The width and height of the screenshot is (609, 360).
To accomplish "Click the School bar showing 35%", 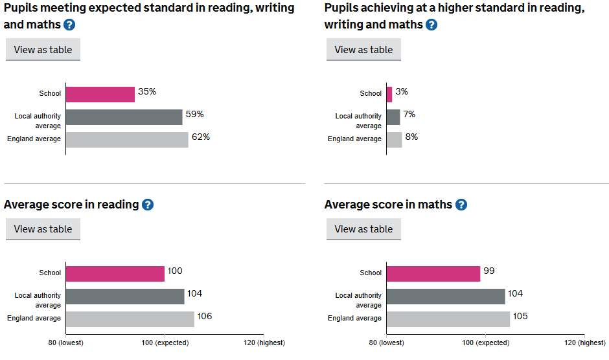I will [100, 95].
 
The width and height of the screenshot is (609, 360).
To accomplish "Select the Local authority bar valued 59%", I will [124, 117].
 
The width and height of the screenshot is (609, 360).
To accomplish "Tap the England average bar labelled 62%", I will [127, 140].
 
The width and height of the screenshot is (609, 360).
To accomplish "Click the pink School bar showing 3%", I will [389, 95].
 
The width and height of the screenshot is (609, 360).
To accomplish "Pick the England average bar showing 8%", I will [395, 140].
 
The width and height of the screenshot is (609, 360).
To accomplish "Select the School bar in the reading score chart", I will [115, 274].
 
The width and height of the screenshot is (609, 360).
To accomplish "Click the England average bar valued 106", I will [130, 319].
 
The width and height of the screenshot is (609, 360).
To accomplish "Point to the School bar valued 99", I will [433, 274].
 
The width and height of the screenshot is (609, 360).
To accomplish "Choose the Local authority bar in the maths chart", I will [446, 297].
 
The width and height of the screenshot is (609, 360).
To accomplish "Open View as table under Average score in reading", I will [43, 229].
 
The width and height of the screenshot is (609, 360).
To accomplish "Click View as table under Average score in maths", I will [363, 229].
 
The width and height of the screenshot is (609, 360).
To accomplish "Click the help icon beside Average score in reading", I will [148, 205].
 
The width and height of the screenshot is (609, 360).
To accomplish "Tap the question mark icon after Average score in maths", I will [461, 205].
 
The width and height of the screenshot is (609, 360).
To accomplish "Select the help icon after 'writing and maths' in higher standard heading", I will [431, 25].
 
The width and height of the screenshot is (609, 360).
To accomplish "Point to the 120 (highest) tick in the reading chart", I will [263, 343].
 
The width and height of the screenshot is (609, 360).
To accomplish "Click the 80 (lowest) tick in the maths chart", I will [386, 343].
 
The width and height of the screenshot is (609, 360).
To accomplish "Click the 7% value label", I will [409, 115].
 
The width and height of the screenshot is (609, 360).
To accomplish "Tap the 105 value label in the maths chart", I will [520, 317].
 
